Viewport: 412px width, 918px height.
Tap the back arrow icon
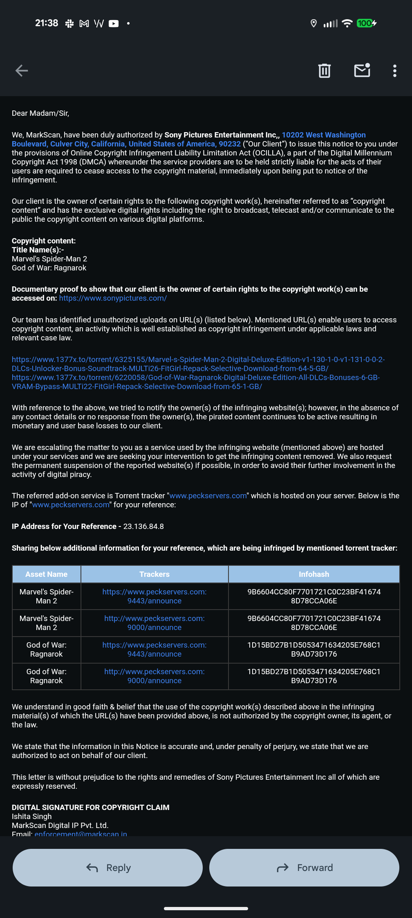click(22, 71)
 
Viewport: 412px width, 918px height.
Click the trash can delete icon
click(325, 71)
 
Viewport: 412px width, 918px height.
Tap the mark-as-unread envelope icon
click(362, 70)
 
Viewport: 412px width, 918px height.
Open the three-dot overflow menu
click(394, 71)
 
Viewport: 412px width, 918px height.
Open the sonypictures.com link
click(113, 298)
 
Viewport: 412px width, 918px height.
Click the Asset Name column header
click(47, 574)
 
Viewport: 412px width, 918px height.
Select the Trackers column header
click(154, 574)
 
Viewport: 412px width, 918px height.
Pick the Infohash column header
click(314, 574)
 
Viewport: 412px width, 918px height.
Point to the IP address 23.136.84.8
click(143, 526)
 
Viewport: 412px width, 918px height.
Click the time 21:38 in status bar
click(47, 23)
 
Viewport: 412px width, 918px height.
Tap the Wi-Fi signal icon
click(347, 23)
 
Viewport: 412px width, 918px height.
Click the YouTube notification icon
click(114, 24)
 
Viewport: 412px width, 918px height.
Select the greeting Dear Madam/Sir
click(40, 113)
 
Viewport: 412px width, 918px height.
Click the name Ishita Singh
click(32, 817)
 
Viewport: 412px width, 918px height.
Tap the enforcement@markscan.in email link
click(81, 833)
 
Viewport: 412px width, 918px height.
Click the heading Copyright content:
click(44, 241)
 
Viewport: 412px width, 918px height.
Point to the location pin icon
click(313, 23)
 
